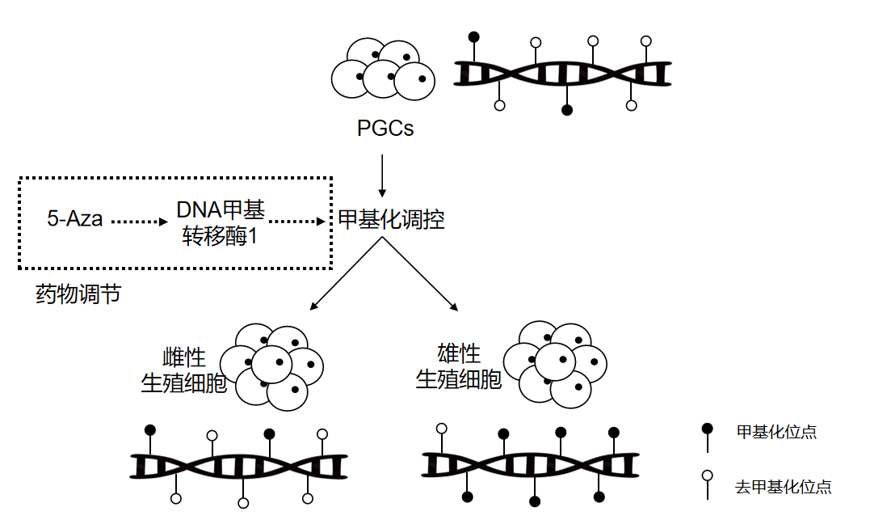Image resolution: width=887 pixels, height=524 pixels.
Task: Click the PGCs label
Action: pos(385,128)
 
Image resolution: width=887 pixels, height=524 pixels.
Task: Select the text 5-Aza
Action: pos(74,218)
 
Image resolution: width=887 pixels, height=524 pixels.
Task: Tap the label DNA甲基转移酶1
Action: pos(220,222)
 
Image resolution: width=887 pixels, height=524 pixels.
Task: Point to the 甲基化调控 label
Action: pos(391,219)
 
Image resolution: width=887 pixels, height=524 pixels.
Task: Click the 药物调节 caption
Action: pos(78,294)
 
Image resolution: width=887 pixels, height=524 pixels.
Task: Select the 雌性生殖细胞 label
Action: pos(184,370)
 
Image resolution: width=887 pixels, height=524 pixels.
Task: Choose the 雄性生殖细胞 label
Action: pos(459,366)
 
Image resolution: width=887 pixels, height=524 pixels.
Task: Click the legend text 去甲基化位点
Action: pos(783,487)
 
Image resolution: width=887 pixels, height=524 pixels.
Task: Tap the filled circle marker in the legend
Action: pos(707,429)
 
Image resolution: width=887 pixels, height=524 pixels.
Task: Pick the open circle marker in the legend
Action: pos(707,475)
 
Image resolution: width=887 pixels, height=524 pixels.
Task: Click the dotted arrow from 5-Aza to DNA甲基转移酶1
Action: pos(139,222)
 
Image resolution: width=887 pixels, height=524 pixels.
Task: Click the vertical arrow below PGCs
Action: pos(382,175)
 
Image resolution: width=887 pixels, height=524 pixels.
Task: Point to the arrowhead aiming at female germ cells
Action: pos(313,307)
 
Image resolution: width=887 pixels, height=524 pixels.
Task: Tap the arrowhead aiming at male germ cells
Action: pos(454,307)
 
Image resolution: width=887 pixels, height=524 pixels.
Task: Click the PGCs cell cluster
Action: pos(383,69)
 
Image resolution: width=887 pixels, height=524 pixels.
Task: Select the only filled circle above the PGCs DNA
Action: pos(474,37)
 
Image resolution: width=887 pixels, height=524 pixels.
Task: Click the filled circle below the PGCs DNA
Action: pos(567,110)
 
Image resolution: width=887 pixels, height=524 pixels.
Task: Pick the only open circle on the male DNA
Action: pos(441,429)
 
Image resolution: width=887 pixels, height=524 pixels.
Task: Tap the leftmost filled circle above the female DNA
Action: pos(150,430)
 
